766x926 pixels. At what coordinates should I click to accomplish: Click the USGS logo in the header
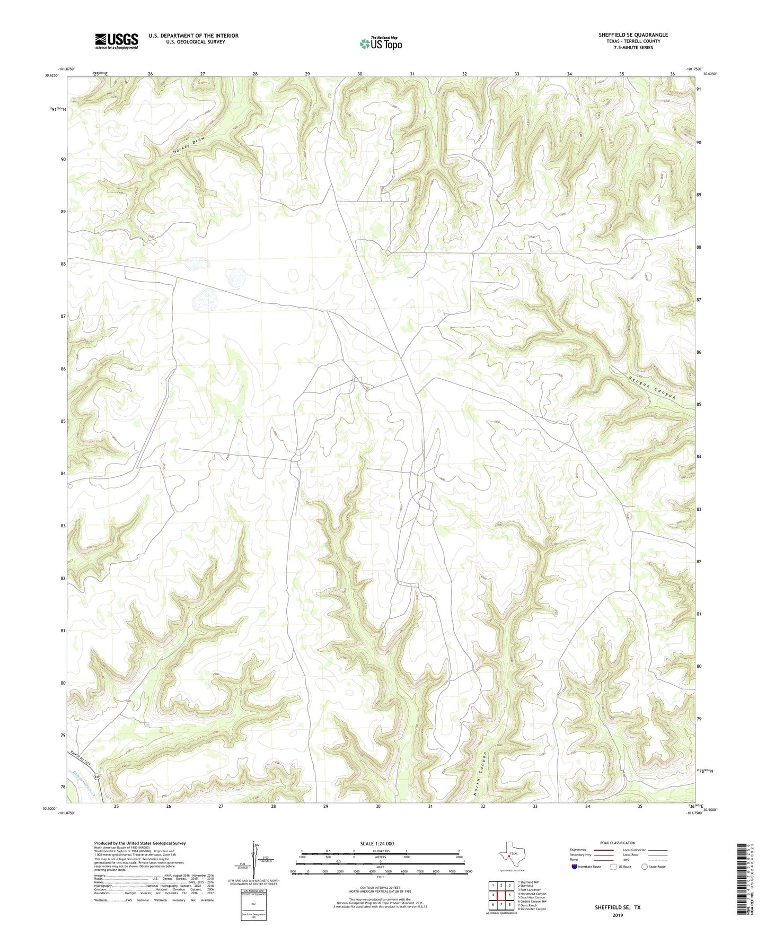pos(116,41)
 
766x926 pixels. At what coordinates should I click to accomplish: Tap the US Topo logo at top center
pos(381,43)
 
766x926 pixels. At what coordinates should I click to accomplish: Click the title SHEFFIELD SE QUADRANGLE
pos(633,35)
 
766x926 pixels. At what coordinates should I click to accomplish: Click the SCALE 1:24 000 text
pos(377,843)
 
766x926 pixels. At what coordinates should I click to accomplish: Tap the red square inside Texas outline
pos(509,855)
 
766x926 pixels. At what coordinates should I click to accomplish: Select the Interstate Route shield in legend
pos(575,867)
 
